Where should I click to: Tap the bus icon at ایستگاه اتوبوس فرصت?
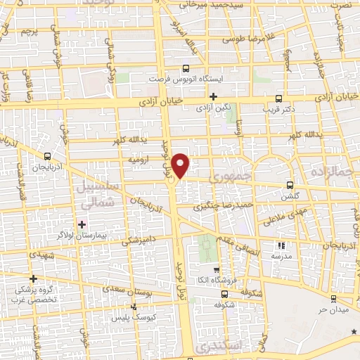click(186, 68)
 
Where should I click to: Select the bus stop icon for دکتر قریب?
click(279, 98)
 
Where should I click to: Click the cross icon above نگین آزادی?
click(214, 96)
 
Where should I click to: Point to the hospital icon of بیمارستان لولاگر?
click(82, 224)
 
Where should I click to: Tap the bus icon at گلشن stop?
click(290, 186)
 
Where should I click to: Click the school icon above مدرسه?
click(282, 245)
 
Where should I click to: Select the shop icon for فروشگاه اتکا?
click(217, 269)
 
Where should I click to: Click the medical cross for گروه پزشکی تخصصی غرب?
click(32, 278)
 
